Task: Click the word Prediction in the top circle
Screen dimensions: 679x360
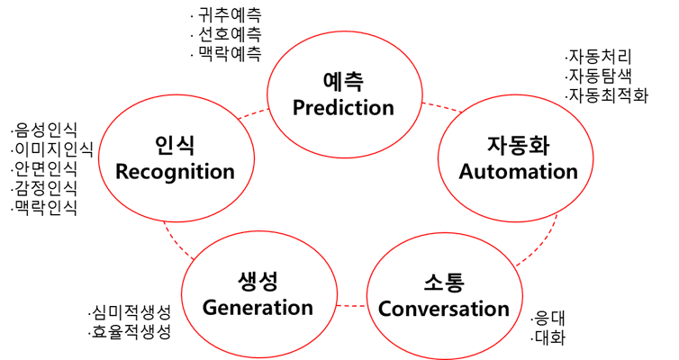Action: click(343, 108)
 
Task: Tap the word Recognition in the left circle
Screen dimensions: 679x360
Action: click(175, 172)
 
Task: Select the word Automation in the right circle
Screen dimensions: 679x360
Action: click(519, 171)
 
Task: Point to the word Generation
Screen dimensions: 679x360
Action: click(258, 308)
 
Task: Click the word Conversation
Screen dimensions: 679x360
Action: click(444, 309)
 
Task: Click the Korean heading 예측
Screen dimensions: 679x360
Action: click(343, 82)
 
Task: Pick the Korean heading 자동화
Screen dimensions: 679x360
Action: click(519, 146)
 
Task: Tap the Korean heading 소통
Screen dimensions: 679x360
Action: click(444, 282)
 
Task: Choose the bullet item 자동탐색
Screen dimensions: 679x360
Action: click(599, 76)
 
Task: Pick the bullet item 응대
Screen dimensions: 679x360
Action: click(548, 319)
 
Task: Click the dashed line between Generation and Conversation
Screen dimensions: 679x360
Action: click(351, 306)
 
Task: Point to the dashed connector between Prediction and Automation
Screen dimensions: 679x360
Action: click(441, 107)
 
